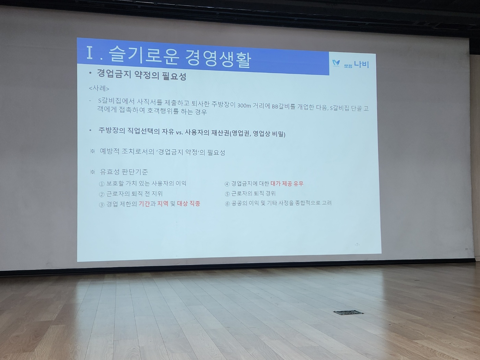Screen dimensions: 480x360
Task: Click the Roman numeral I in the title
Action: tap(90, 53)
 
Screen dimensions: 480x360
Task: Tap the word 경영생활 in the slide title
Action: tap(218, 59)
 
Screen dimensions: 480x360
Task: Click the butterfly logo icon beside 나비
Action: tap(336, 63)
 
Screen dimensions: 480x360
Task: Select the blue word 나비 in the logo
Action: tap(362, 64)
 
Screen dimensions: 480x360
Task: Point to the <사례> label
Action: tap(99, 88)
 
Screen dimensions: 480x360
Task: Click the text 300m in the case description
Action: tap(244, 105)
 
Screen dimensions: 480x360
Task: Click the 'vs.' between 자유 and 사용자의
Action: tap(179, 132)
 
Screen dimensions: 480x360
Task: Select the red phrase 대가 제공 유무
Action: tap(287, 184)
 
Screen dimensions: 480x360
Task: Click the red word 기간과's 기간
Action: tap(144, 204)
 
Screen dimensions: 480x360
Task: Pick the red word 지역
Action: tap(163, 204)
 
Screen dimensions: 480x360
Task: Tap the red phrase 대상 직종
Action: tap(189, 204)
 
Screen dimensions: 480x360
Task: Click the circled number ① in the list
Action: tap(101, 184)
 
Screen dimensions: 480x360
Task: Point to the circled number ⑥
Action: tap(227, 204)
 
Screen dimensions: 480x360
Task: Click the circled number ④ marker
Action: tap(227, 184)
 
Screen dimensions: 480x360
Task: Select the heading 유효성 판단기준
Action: tap(124, 172)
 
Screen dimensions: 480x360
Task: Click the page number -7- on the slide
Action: tap(357, 244)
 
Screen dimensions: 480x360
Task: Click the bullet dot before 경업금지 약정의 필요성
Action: tap(90, 73)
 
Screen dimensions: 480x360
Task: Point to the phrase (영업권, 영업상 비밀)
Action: tap(257, 134)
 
